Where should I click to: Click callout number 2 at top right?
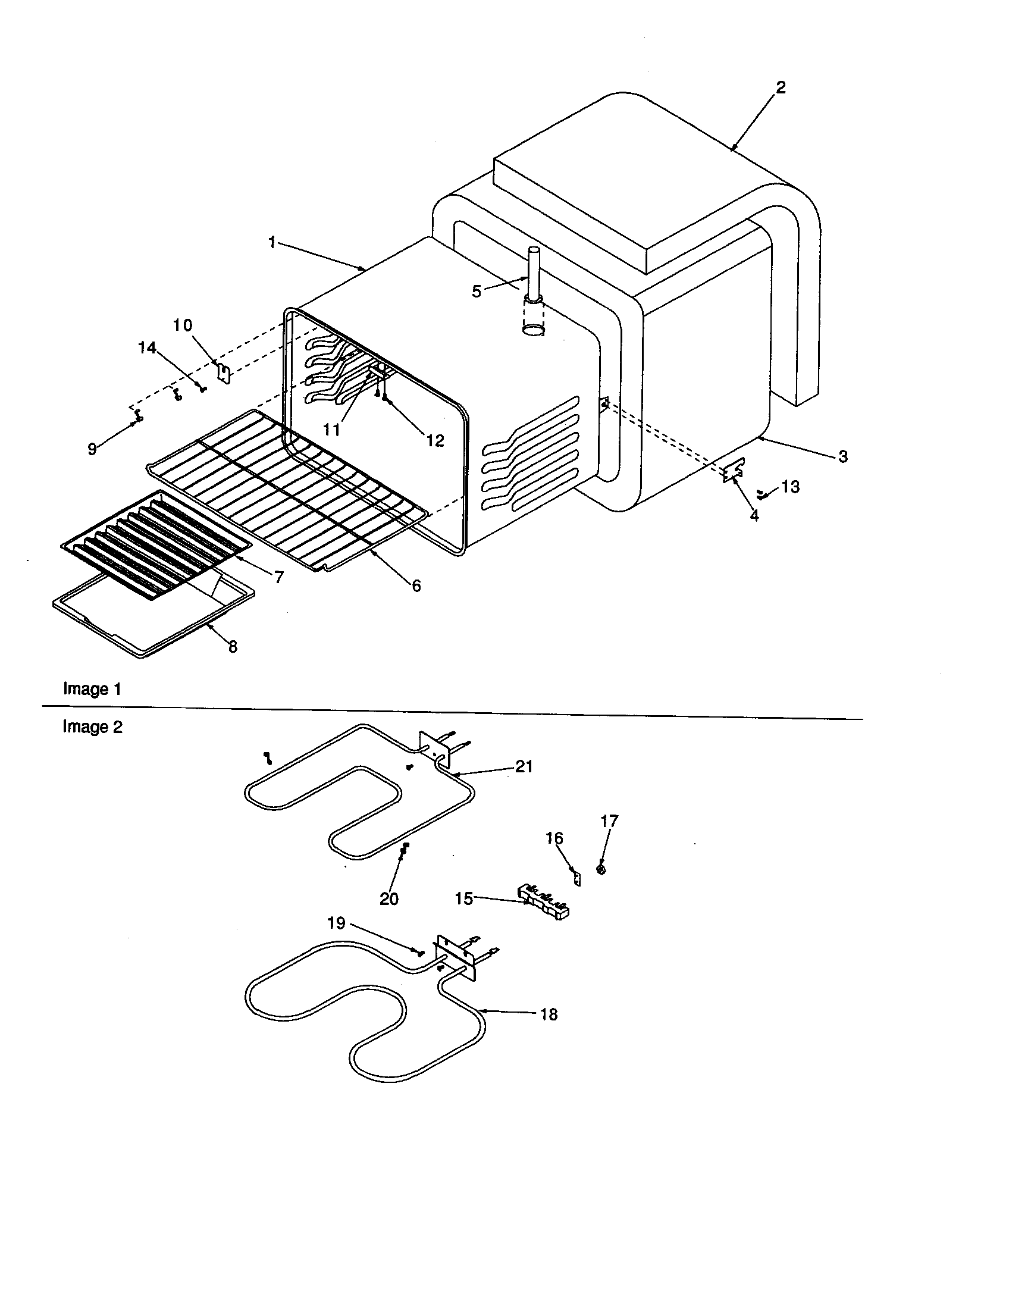pos(780,87)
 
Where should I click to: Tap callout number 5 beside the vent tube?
pos(477,292)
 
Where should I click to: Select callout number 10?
pos(183,325)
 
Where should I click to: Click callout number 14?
pos(148,347)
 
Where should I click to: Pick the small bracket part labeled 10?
pos(224,374)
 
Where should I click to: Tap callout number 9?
pos(92,449)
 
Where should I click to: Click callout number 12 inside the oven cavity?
pos(435,440)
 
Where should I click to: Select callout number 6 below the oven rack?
pos(416,585)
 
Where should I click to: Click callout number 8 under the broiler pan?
pos(233,647)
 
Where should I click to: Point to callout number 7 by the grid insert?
pos(279,577)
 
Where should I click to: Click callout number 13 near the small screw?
pos(790,487)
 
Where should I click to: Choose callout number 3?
pos(842,457)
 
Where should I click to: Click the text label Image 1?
pos(92,689)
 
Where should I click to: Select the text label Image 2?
pos(92,727)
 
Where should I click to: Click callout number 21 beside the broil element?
pos(524,766)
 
